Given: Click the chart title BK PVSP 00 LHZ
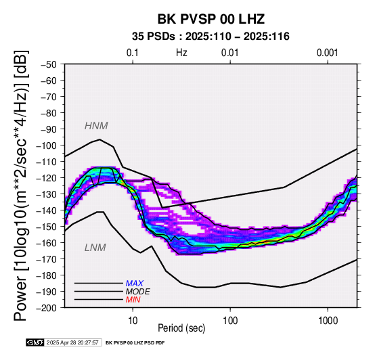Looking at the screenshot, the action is pyautogui.click(x=211, y=19).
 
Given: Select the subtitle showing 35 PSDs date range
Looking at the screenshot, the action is pyautogui.click(x=211, y=37).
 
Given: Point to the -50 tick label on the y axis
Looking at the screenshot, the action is pyautogui.click(x=48, y=64).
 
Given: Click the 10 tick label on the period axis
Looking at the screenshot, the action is pyautogui.click(x=133, y=321).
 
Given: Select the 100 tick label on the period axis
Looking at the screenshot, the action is pyautogui.click(x=230, y=321).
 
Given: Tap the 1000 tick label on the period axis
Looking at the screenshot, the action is pyautogui.click(x=328, y=321).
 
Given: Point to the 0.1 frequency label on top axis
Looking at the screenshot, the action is pyautogui.click(x=133, y=53).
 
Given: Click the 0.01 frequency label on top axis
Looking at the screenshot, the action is pyautogui.click(x=230, y=53).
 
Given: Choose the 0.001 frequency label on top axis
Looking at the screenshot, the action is pyautogui.click(x=328, y=53).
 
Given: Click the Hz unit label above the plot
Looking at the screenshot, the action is pyautogui.click(x=181, y=53).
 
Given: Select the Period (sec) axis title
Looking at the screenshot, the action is pyautogui.click(x=181, y=328).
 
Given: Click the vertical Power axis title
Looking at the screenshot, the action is pyautogui.click(x=21, y=185).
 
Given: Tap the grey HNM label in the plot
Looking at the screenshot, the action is pyautogui.click(x=96, y=126).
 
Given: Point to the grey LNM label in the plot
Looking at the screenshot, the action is pyautogui.click(x=95, y=248).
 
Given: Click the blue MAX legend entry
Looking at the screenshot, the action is pyautogui.click(x=135, y=284).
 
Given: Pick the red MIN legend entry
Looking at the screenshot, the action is pyautogui.click(x=133, y=300).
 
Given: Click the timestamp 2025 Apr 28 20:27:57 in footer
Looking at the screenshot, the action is pyautogui.click(x=72, y=342).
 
